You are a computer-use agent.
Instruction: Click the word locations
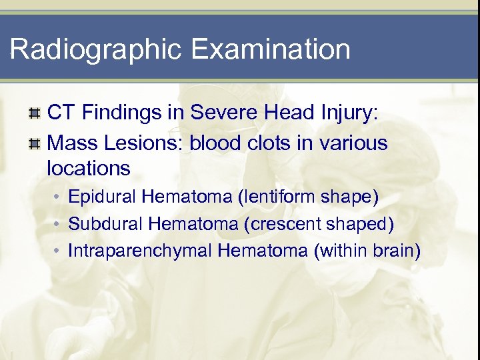point(89,168)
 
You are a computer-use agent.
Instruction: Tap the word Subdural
point(106,224)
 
